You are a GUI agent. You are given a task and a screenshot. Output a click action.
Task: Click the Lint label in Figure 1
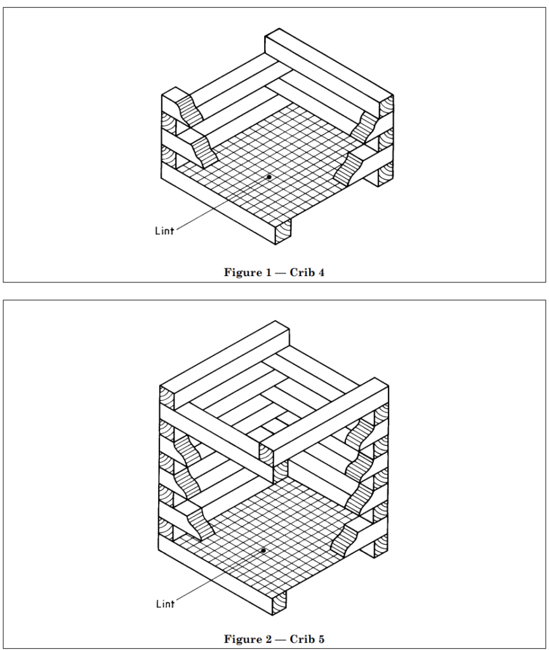coord(164,230)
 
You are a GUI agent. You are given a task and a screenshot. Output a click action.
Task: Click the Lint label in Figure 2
coord(165,604)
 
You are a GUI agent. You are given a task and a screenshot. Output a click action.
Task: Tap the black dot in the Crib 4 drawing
coord(269,177)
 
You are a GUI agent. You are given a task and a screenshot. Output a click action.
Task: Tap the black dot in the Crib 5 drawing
coord(263,550)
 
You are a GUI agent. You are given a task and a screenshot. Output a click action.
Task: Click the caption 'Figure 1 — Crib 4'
coord(274,272)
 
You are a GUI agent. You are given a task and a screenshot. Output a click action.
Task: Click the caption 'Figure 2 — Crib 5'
coord(274,639)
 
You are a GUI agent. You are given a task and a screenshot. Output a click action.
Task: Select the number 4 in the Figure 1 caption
coord(321,272)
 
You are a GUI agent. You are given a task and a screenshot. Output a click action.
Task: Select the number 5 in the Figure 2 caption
coord(321,639)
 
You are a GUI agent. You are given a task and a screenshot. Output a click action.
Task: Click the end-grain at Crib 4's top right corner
coord(387,107)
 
